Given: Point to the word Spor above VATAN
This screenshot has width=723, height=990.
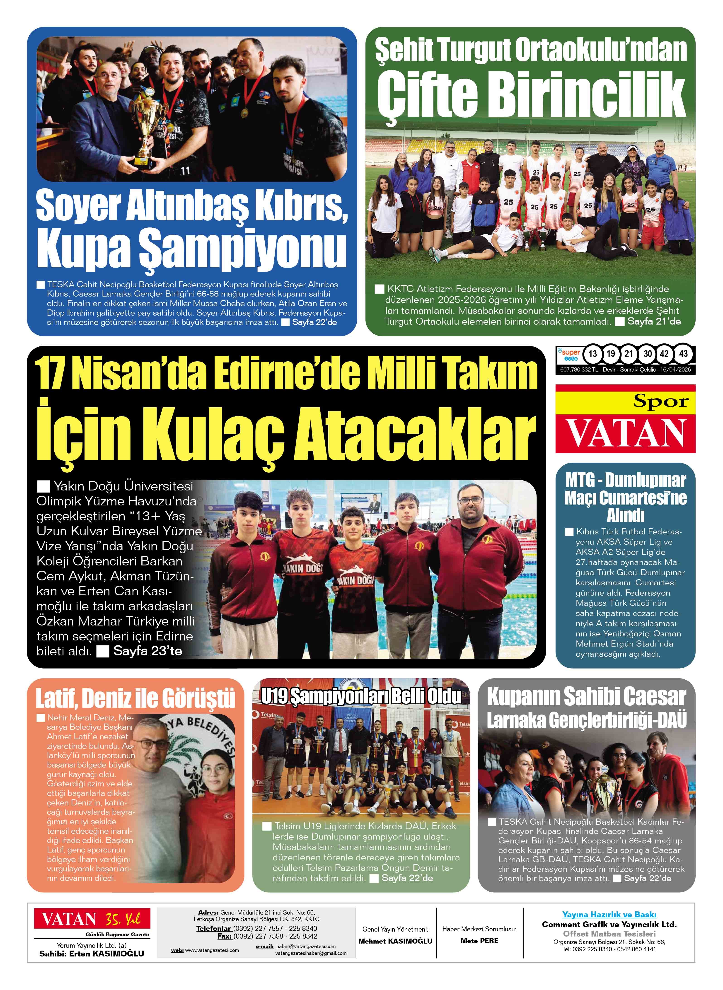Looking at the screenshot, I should [x=661, y=401].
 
